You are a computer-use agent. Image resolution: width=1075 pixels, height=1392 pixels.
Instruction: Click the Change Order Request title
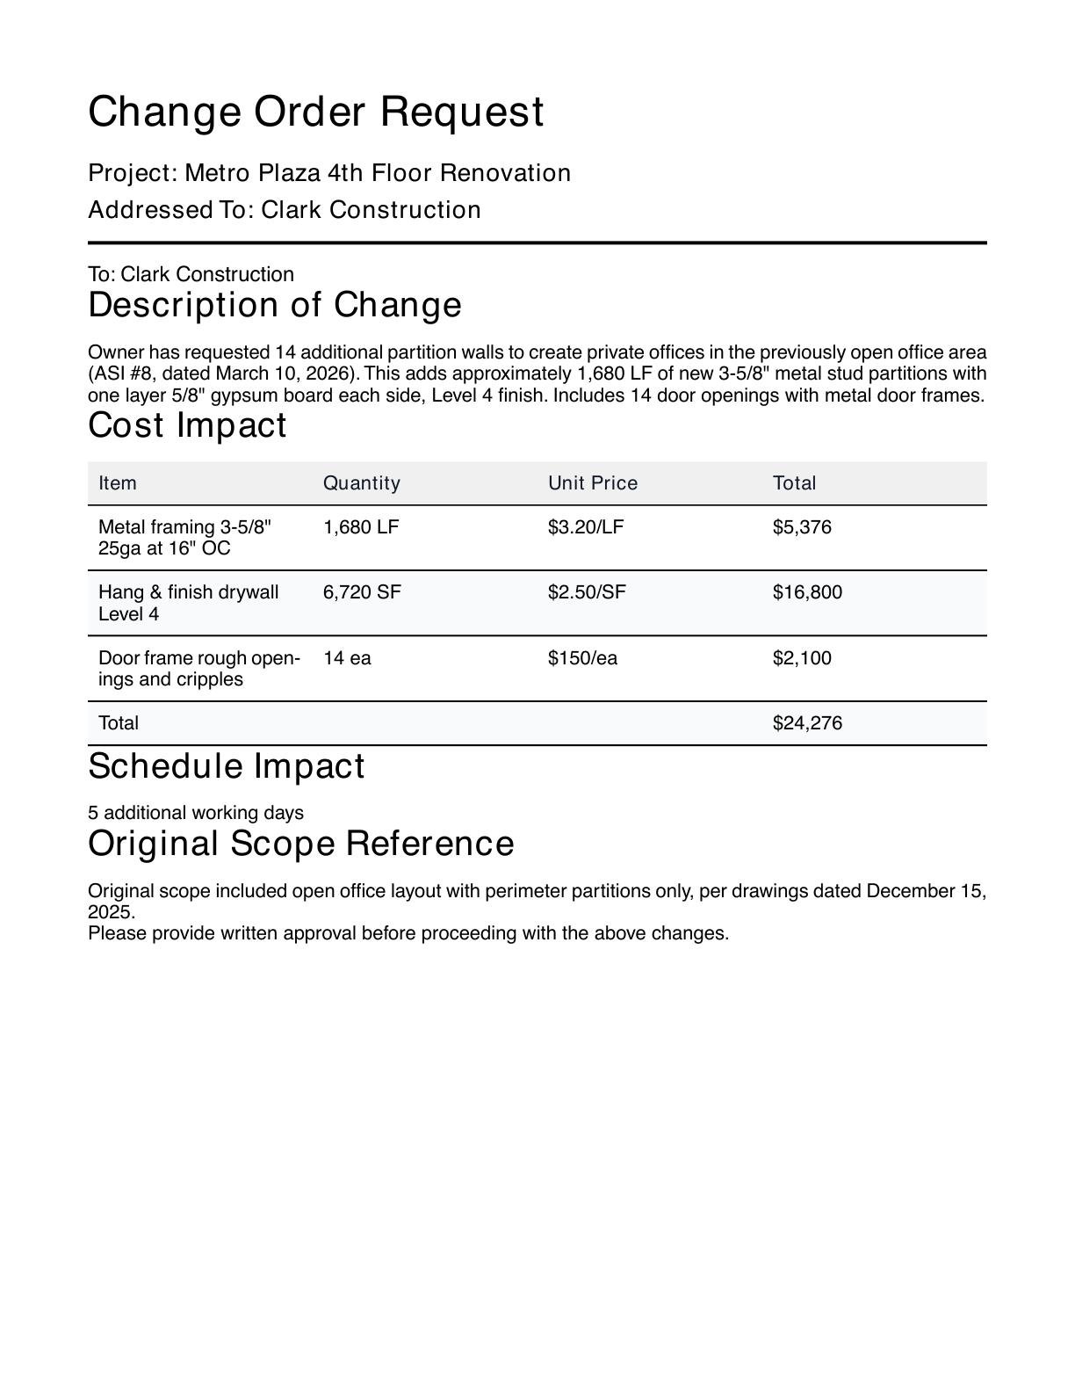316,112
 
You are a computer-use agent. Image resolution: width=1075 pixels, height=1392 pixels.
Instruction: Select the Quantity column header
361,483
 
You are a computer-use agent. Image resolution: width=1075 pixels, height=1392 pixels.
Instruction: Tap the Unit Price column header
593,483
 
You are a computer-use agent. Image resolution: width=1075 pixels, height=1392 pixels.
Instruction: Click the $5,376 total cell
802,527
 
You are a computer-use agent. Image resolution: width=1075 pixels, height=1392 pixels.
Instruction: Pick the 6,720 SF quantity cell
362,592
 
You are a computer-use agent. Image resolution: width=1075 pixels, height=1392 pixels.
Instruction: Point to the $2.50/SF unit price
587,592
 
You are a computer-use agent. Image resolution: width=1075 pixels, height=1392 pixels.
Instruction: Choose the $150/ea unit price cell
582,658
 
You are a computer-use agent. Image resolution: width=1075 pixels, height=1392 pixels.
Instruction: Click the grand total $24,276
807,723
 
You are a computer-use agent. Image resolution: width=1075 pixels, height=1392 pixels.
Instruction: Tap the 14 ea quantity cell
347,658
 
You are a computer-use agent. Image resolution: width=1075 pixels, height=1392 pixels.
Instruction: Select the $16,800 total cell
807,592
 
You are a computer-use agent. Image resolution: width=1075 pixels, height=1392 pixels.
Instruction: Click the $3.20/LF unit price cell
586,527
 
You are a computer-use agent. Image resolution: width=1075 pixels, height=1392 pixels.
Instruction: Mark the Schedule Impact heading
226,766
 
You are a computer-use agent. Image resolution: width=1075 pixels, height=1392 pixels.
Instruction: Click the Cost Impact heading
187,425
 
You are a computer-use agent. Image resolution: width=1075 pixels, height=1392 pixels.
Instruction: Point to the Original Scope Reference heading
300,844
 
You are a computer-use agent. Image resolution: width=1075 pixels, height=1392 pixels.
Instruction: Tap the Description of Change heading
274,305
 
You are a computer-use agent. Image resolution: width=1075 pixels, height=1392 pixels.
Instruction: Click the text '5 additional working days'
196,813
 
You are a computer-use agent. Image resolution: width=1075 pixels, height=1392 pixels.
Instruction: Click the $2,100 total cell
802,658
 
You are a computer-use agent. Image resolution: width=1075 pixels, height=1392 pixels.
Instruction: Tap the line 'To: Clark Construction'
191,274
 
